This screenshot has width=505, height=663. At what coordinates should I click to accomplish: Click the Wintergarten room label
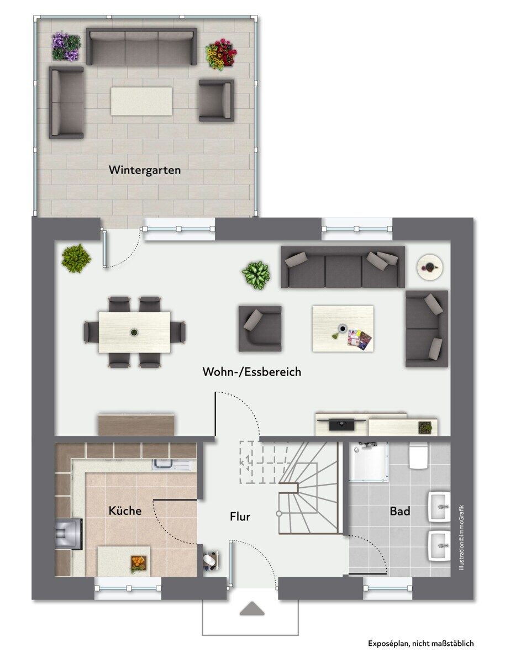(x=145, y=170)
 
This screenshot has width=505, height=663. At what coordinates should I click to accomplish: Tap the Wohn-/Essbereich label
(x=252, y=372)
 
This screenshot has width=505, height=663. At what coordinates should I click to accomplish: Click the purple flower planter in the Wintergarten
(x=66, y=46)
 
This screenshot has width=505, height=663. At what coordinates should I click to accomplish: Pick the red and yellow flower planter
(x=222, y=54)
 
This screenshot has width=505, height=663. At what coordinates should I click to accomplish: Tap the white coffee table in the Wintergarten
(x=141, y=101)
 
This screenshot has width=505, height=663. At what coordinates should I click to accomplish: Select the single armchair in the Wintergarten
(x=216, y=101)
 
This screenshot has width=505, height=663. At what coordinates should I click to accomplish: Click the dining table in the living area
(x=134, y=332)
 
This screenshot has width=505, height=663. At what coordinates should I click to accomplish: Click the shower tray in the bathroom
(x=368, y=461)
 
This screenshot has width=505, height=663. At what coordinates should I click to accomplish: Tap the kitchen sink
(x=172, y=465)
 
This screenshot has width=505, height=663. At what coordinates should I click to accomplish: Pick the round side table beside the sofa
(x=430, y=266)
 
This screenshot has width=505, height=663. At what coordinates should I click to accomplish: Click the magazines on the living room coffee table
(x=360, y=340)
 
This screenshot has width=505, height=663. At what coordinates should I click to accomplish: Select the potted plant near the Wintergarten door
(x=76, y=258)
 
